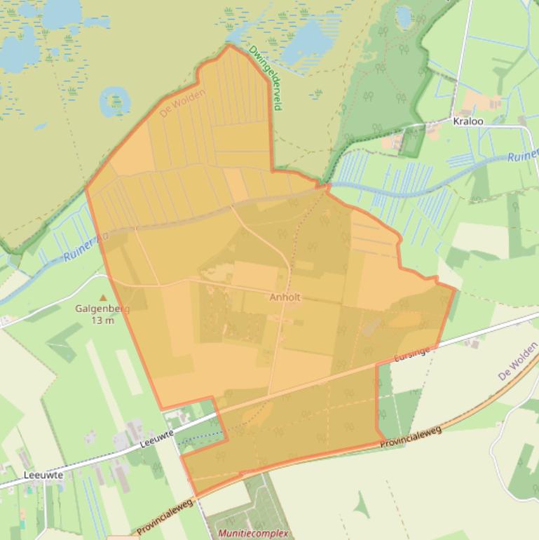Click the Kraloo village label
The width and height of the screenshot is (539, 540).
point(468,121)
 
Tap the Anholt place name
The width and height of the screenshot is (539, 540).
point(285,297)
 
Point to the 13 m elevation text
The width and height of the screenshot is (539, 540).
point(102,320)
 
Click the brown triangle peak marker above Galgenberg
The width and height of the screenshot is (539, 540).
point(103,297)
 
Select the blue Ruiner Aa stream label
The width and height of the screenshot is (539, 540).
point(86,248)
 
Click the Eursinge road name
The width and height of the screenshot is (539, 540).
point(412,352)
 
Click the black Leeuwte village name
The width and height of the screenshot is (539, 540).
point(43,475)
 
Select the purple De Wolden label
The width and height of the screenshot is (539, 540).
point(517,362)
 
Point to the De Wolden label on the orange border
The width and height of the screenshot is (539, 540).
point(183,103)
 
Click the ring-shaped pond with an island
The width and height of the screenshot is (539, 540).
point(114,102)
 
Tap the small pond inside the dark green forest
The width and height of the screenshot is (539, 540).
point(404,15)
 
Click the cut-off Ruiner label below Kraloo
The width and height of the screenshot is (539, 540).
point(523,156)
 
